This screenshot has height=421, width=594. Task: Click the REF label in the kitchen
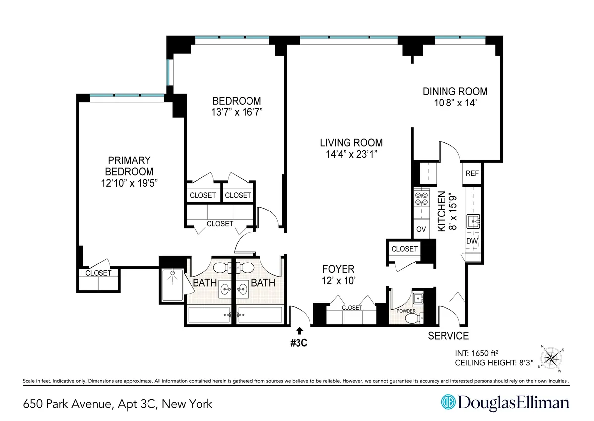(x=472, y=174)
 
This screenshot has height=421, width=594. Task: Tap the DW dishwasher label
(x=472, y=241)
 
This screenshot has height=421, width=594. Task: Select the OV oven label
(x=421, y=229)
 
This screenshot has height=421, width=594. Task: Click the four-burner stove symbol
(x=421, y=199)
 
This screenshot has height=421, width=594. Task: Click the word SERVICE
(x=448, y=336)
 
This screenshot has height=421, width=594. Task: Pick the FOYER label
(x=339, y=269)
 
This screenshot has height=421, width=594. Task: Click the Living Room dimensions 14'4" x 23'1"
(x=351, y=154)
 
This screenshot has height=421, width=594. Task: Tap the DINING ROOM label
(x=454, y=92)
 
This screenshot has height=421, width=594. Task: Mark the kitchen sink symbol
(x=473, y=221)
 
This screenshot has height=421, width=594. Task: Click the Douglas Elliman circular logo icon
(x=448, y=403)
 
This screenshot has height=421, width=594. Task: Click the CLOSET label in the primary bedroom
(x=98, y=273)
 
